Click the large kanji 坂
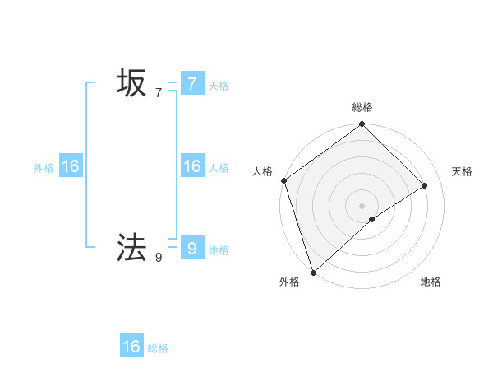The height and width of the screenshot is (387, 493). (x=131, y=83)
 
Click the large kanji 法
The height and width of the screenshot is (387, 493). (x=131, y=247)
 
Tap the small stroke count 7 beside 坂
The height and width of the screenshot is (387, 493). (x=159, y=92)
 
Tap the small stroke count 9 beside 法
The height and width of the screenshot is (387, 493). (x=159, y=257)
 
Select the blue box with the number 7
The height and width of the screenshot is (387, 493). (x=191, y=83)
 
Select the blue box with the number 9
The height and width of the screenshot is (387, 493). (x=191, y=248)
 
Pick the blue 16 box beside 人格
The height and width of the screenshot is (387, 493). (x=191, y=166)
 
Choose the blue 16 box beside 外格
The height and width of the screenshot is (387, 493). (x=71, y=166)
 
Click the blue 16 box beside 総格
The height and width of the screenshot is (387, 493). (x=131, y=347)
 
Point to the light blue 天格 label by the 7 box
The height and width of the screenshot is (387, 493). (x=219, y=85)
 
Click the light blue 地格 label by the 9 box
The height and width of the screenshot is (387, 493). (x=219, y=249)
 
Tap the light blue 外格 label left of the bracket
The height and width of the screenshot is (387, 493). (x=44, y=168)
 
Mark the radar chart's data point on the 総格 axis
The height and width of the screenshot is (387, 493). (x=362, y=124)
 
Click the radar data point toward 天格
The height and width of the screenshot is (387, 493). (x=425, y=185)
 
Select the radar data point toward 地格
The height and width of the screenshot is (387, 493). (x=372, y=219)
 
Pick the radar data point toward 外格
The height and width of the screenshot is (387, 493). (x=313, y=272)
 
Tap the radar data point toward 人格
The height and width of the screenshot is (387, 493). (x=283, y=180)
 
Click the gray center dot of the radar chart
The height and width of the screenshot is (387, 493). (x=362, y=206)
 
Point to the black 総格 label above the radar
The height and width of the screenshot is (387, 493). (x=362, y=107)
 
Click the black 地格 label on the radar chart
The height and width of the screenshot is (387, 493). (x=431, y=282)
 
